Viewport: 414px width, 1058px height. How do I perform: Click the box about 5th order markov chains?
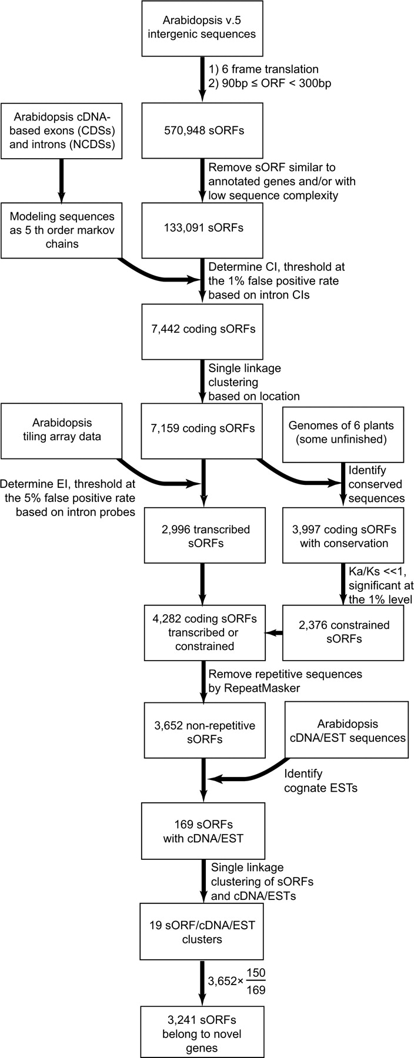pyautogui.click(x=61, y=230)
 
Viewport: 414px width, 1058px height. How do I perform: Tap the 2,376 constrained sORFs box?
pyautogui.click(x=343, y=632)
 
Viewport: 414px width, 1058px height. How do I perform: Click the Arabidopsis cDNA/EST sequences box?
pyautogui.click(x=346, y=730)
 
